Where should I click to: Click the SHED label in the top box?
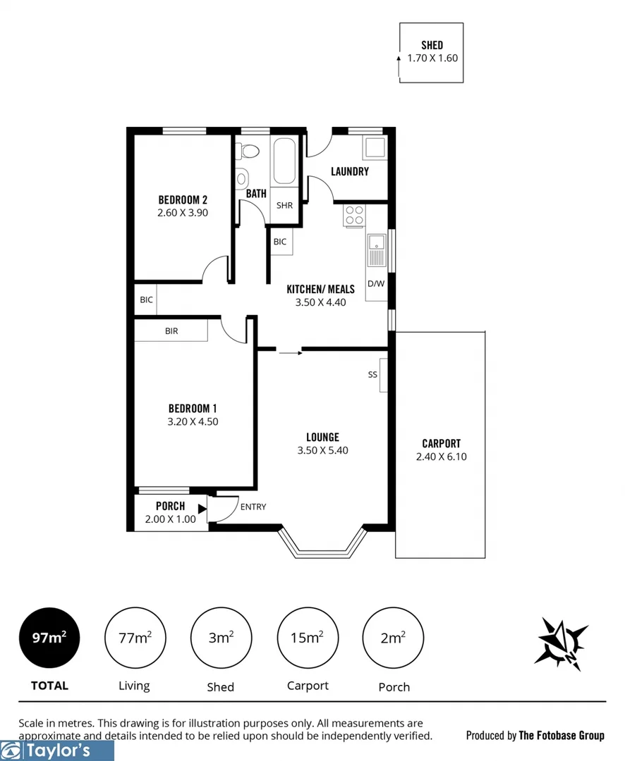click(432, 45)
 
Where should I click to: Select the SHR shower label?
click(284, 206)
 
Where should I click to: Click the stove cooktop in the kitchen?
click(354, 215)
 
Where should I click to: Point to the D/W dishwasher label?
click(376, 284)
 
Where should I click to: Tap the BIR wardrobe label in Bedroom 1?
click(171, 330)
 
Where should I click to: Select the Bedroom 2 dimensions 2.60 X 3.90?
click(183, 212)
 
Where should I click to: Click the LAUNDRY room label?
click(349, 171)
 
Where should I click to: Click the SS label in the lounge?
click(372, 375)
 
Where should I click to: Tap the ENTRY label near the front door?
click(253, 507)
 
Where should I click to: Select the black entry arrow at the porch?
click(202, 507)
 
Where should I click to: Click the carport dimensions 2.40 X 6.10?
click(441, 457)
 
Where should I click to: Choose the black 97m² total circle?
click(49, 638)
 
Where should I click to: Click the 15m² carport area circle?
click(307, 638)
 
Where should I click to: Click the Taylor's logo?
click(56, 750)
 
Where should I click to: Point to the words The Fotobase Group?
click(562, 736)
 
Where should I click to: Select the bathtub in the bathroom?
click(285, 161)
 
